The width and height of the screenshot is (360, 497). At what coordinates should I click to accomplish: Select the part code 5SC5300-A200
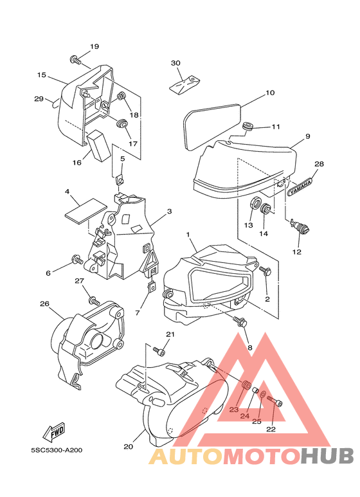point(57,450)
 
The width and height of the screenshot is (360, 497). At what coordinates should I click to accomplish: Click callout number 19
point(94,46)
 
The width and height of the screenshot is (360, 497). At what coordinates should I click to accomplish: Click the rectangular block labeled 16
point(99,145)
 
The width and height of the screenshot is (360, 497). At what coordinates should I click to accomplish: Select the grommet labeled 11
point(248,127)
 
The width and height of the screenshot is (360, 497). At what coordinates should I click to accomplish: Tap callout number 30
point(175,63)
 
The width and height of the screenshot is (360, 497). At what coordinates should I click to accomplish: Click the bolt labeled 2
point(265,271)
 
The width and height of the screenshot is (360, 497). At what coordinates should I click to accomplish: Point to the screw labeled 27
point(94,299)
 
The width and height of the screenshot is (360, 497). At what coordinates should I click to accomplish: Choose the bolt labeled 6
point(77,260)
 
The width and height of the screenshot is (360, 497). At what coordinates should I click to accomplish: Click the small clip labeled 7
point(151,286)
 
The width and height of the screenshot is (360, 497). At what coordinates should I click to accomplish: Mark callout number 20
point(128,447)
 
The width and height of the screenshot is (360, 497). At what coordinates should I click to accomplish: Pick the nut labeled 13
point(255,203)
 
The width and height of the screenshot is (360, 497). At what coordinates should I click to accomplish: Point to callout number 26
point(45,303)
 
